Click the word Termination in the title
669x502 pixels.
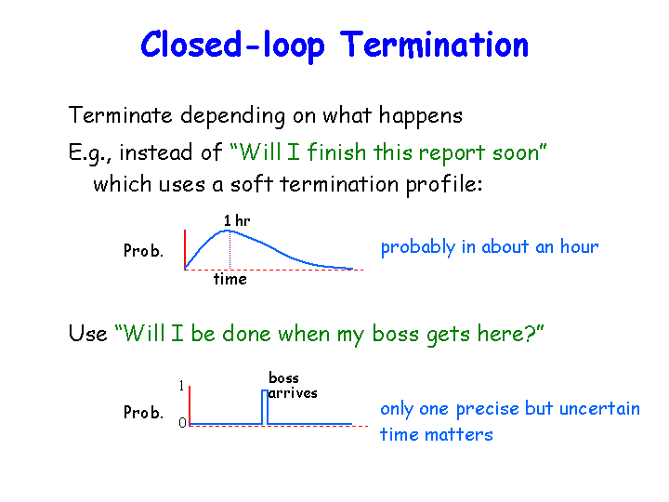434,45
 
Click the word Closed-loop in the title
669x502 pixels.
232,46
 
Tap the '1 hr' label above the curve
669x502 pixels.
237,220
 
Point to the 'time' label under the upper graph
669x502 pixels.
230,279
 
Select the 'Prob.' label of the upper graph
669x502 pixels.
143,251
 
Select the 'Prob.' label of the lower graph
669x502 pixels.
143,413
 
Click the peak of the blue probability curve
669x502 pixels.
228,231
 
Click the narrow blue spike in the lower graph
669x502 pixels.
265,407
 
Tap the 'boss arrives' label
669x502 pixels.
293,386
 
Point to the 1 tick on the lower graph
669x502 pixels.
182,386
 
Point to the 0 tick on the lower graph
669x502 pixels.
183,423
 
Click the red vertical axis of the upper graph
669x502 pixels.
185,249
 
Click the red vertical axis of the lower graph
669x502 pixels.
190,405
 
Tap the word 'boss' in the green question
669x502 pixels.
396,334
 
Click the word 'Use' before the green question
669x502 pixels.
88,334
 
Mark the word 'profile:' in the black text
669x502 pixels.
444,185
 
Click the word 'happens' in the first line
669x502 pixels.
421,116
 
